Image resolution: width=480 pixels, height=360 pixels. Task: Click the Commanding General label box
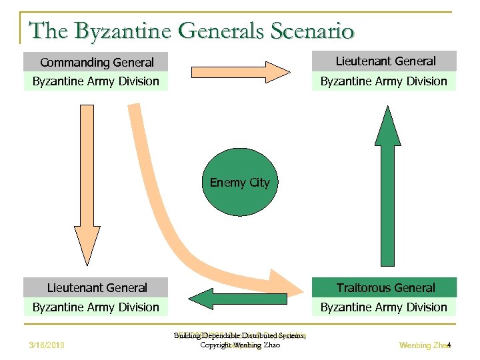pyautogui.click(x=96, y=63)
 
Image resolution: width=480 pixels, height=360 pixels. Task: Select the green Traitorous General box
pyautogui.click(x=385, y=288)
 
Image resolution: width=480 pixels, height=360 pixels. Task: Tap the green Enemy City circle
pyautogui.click(x=239, y=183)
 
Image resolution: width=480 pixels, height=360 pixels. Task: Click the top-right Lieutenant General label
pyautogui.click(x=385, y=61)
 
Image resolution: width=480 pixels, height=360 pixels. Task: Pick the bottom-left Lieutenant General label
pyautogui.click(x=96, y=288)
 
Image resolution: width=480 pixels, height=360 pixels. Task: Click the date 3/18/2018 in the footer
pyautogui.click(x=47, y=345)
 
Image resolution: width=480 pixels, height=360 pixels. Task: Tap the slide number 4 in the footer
pyautogui.click(x=449, y=345)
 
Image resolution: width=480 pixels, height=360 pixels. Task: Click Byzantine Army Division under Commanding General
pyautogui.click(x=96, y=81)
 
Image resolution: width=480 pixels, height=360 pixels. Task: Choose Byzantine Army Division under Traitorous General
pyautogui.click(x=384, y=307)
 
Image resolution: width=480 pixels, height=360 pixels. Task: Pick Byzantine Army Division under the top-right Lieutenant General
pyautogui.click(x=384, y=81)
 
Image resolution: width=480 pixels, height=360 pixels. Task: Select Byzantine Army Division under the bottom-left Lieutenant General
pyautogui.click(x=96, y=307)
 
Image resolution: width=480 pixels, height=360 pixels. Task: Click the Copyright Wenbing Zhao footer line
pyautogui.click(x=240, y=345)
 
